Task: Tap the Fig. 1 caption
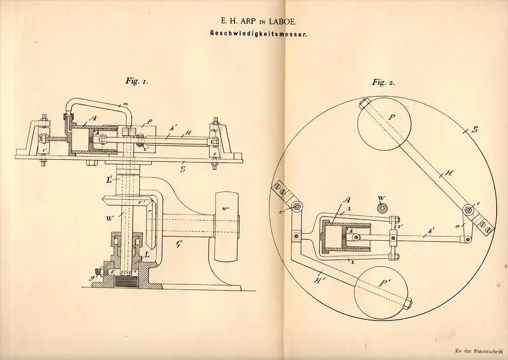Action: pos(137,81)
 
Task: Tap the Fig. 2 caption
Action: pos(383,82)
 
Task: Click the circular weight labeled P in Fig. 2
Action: pos(384,124)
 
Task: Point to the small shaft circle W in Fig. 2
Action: pos(382,208)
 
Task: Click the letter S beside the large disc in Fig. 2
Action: pos(475,130)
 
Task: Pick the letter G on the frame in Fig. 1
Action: pos(178,244)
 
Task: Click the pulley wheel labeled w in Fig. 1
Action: pos(226,226)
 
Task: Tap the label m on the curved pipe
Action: pos(125,104)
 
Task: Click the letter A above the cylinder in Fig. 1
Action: pos(93,118)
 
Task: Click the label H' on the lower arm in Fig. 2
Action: pos(318,279)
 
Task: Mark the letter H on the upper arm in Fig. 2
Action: pos(449,174)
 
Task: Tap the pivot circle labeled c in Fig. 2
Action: pos(468,210)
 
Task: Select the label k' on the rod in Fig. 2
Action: pos(431,230)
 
